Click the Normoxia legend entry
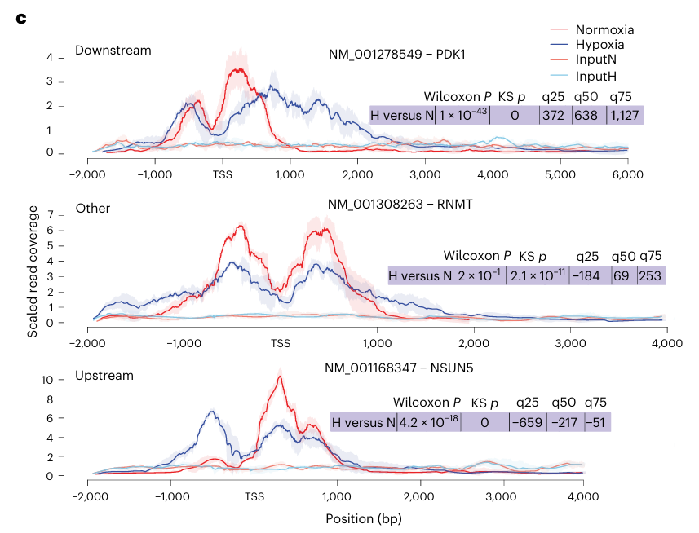coord(604,30)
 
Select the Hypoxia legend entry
coord(602,46)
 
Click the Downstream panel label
coord(113,51)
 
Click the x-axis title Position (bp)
coord(363,518)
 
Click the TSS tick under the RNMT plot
coord(281,343)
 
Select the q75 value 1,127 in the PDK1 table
coord(626,115)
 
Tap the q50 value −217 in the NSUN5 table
coord(565,422)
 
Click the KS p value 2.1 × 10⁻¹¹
coord(537,275)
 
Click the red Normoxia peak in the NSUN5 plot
coord(280,377)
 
